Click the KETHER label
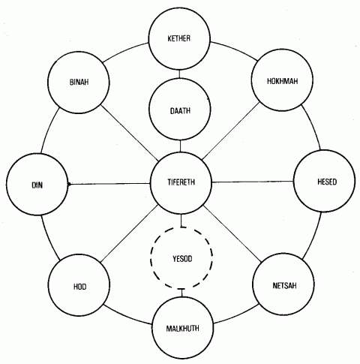coord(179,38)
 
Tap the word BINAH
coord(79,82)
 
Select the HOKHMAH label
coord(282,81)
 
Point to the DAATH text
coord(180,110)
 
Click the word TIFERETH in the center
coord(181,182)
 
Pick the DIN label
coord(37,185)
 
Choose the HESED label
coord(327,182)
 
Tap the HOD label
coord(80,287)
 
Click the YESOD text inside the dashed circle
coord(182,259)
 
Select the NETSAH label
coord(284,285)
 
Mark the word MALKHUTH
coord(183,328)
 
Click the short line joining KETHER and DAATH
coord(179,74)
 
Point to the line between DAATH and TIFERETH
coord(180,146)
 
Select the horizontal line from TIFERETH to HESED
coord(253,182)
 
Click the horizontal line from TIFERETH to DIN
coord(109,184)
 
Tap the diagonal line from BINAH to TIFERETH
coord(129,133)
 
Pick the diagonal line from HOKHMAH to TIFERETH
coord(231,131)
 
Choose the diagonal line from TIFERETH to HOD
coord(129,233)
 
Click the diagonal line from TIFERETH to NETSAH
coord(232,234)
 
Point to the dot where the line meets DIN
coord(69,185)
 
